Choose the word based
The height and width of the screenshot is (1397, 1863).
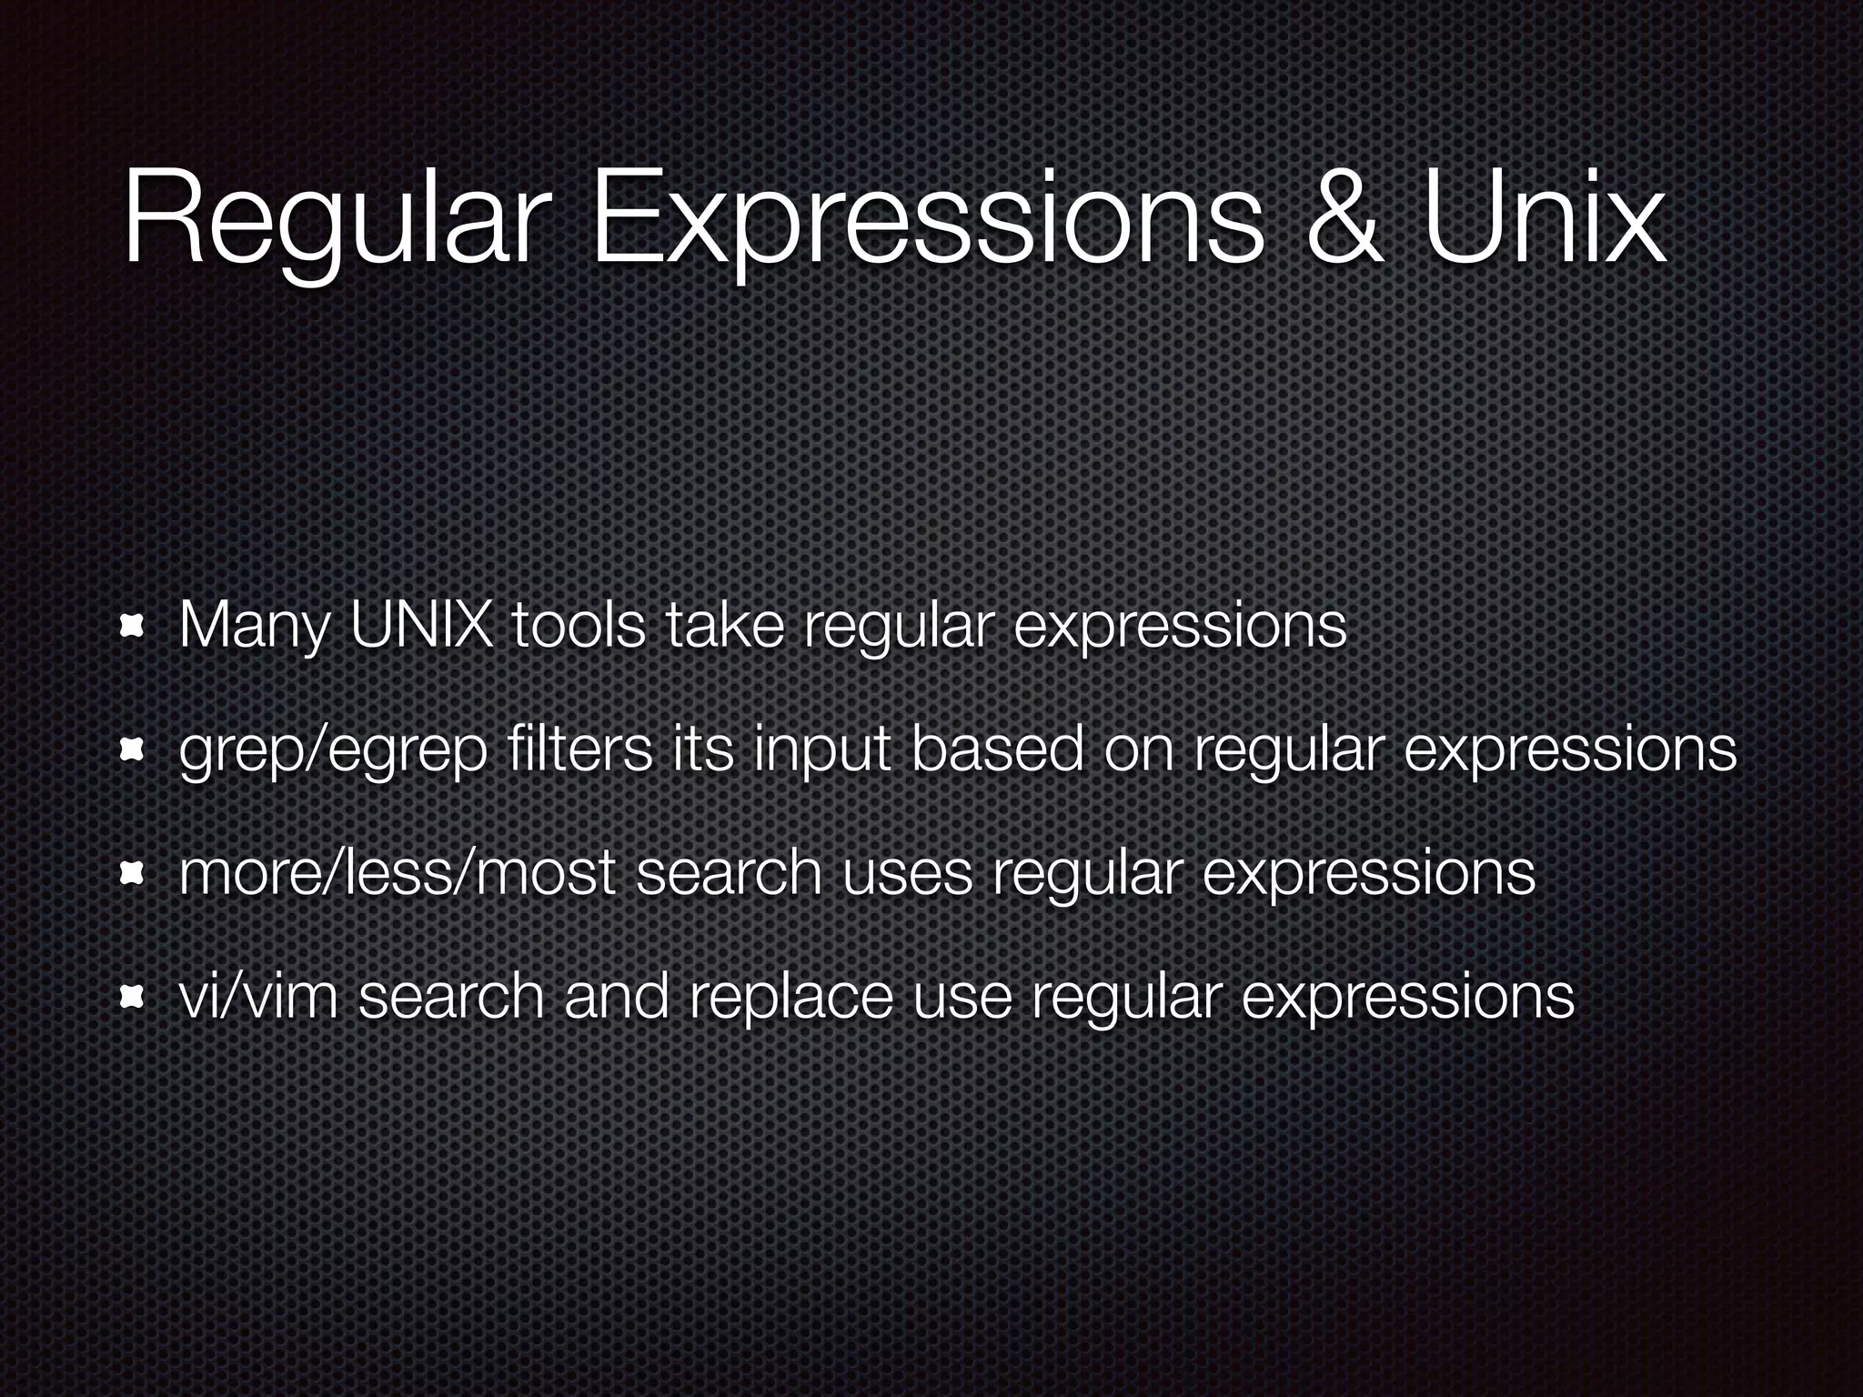996,749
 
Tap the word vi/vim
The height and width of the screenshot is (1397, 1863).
258,997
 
